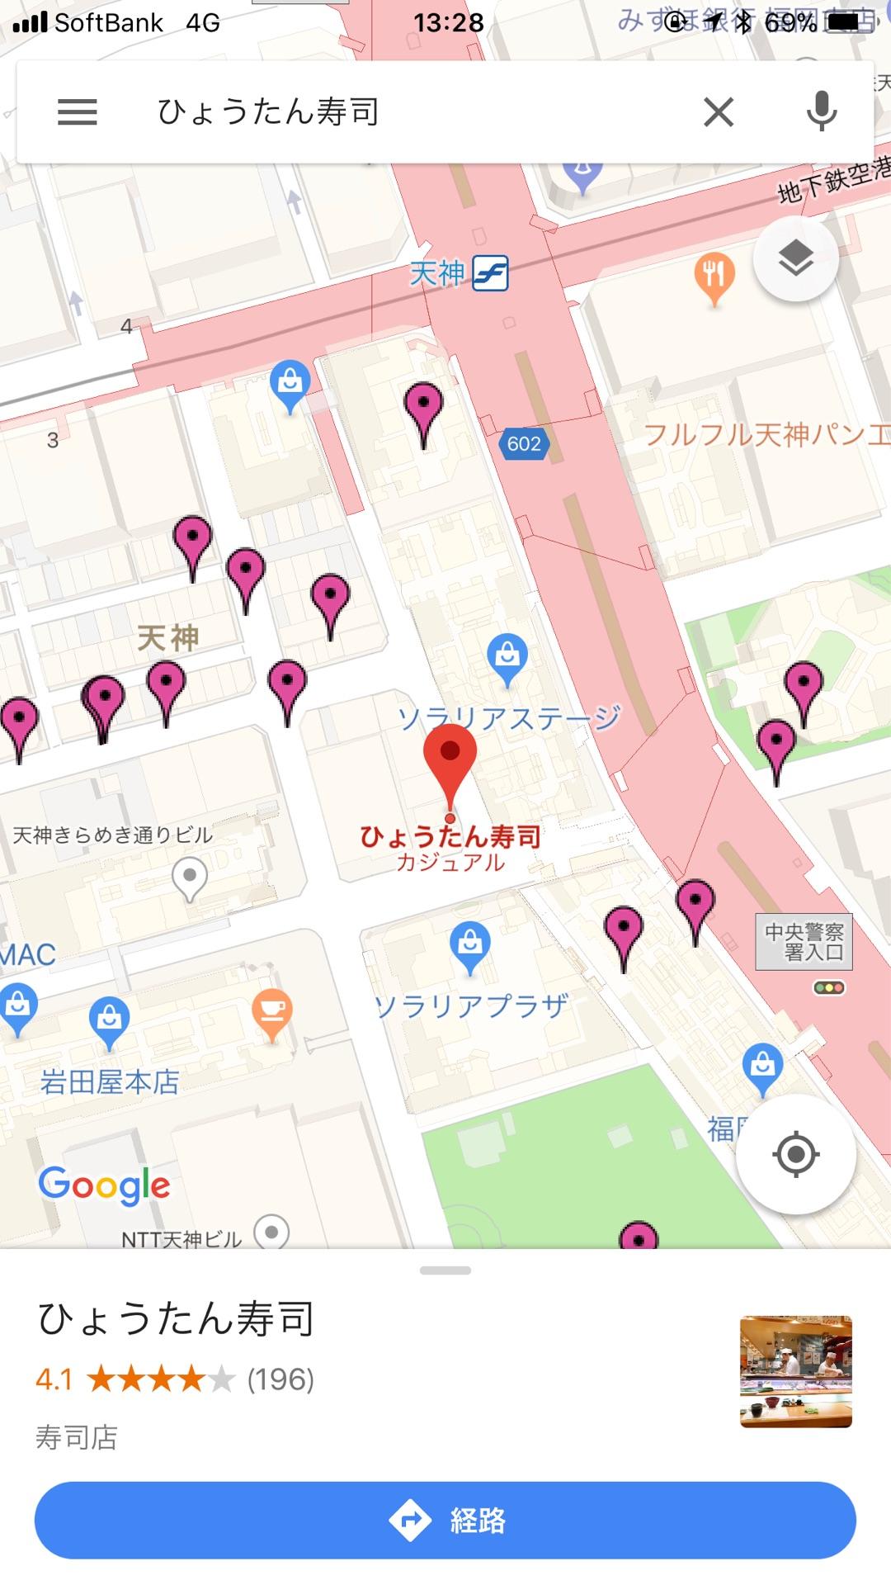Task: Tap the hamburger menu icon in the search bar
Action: (78, 111)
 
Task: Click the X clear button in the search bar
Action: (719, 111)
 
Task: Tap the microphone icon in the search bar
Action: (821, 111)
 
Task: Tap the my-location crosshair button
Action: (795, 1154)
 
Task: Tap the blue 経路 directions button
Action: (445, 1520)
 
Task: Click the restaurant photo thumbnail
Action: (795, 1371)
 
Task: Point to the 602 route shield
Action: (524, 444)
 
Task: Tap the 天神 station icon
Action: (490, 273)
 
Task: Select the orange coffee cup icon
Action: (272, 1010)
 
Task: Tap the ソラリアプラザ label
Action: (471, 1005)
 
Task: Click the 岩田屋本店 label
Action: (110, 1081)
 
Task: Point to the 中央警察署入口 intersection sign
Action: (804, 942)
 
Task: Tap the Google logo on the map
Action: (105, 1185)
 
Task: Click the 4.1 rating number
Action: (54, 1379)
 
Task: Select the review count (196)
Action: (280, 1379)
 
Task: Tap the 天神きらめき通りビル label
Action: (113, 835)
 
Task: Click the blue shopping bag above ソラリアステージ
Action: (507, 657)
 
